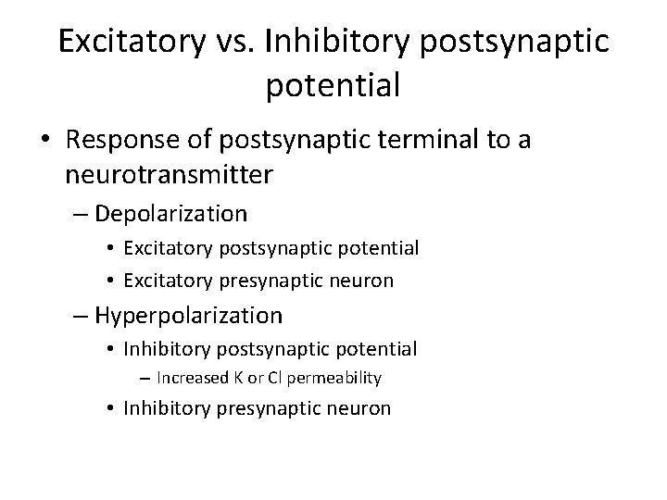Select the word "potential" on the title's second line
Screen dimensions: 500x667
click(x=333, y=85)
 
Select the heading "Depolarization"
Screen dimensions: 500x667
click(x=170, y=215)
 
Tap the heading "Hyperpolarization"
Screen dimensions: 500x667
click(x=188, y=316)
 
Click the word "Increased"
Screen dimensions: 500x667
click(x=191, y=378)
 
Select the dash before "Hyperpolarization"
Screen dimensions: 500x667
click(x=82, y=317)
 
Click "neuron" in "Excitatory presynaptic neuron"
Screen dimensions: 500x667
click(x=362, y=280)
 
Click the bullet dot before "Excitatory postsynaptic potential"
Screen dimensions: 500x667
click(x=110, y=249)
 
